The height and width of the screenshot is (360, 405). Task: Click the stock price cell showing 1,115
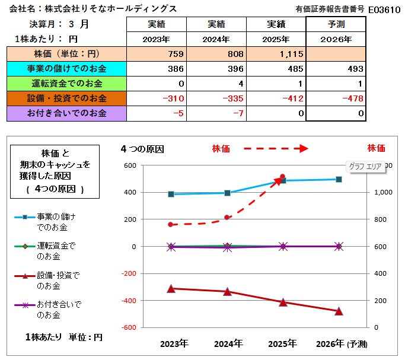click(x=276, y=54)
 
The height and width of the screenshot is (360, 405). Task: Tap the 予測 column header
click(x=336, y=24)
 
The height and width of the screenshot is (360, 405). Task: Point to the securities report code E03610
click(x=384, y=9)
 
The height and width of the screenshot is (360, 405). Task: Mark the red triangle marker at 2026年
click(x=339, y=311)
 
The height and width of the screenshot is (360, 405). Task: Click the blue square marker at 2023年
click(x=171, y=194)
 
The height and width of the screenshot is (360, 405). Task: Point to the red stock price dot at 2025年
click(x=282, y=177)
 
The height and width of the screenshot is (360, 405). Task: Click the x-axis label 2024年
click(x=228, y=343)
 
